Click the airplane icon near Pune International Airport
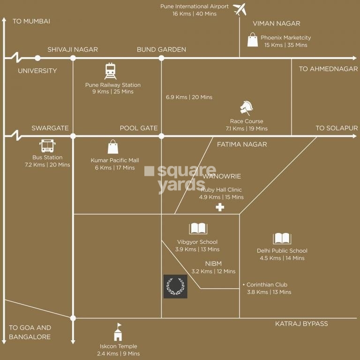point(240,9)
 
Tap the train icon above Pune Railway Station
point(111,71)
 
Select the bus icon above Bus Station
point(47,146)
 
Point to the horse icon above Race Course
point(247,108)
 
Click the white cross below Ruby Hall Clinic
point(219,207)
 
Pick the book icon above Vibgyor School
point(198,229)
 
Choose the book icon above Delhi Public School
point(282,239)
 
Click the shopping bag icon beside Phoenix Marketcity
point(253,40)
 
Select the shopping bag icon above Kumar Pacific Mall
point(113,147)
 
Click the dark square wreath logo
point(175,286)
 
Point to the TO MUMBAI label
point(31,21)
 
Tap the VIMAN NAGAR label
point(277,23)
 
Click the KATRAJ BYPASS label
point(301,324)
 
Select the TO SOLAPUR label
point(337,128)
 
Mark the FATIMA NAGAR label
point(242,144)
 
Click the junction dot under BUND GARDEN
point(161,58)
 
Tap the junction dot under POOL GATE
point(161,136)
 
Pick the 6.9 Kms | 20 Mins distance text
point(189,97)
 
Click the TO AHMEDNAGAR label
point(328,69)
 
